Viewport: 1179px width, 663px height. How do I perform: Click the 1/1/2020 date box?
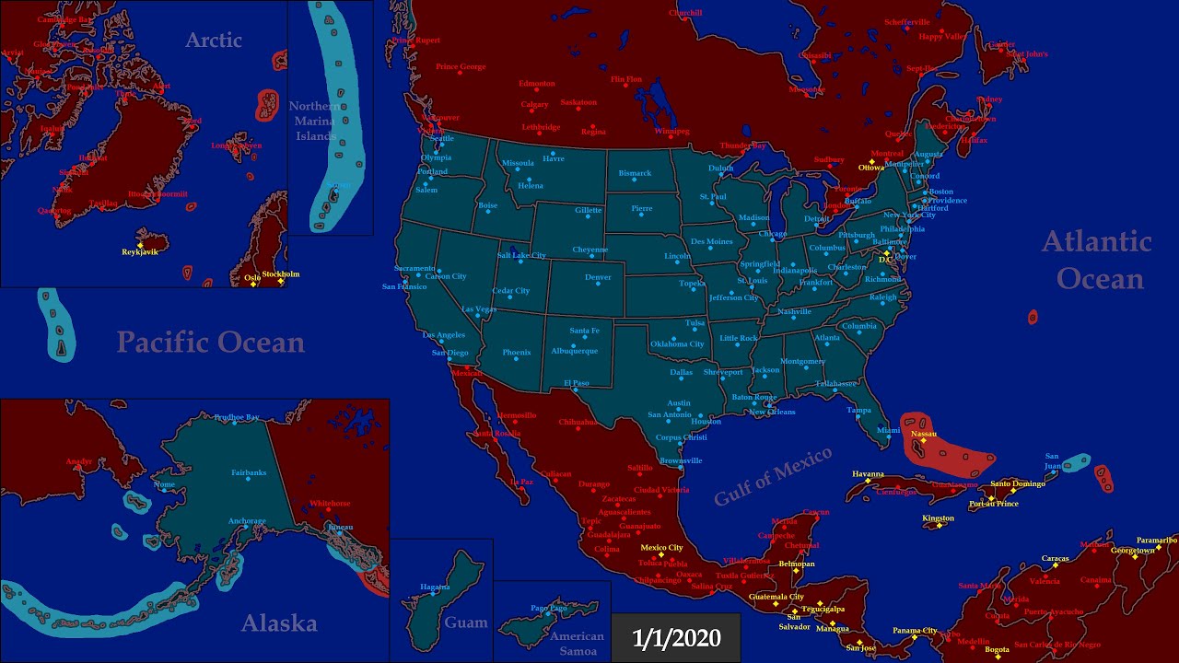tap(676, 638)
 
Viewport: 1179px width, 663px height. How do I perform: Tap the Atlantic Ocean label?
tap(1097, 260)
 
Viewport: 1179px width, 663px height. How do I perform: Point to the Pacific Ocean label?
tap(210, 343)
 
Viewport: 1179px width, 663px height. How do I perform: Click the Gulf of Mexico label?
tap(773, 475)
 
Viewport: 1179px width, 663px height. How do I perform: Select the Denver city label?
tap(598, 277)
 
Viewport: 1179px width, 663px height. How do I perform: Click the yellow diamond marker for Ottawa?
tap(871, 162)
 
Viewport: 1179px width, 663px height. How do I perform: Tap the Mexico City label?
tap(661, 548)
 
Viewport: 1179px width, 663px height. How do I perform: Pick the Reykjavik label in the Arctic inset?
tap(140, 251)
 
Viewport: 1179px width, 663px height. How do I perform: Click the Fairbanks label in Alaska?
tap(249, 472)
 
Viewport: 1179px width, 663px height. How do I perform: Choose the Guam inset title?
tap(466, 622)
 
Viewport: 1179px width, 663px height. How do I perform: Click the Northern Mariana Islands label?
tap(314, 121)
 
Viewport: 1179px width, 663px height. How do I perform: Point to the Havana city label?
tap(868, 473)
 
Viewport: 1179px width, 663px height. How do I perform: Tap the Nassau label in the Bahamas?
tap(923, 433)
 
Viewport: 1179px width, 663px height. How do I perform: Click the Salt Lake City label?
tap(521, 255)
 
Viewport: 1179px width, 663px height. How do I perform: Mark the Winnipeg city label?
tap(671, 131)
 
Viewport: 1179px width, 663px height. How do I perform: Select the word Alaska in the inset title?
tap(279, 623)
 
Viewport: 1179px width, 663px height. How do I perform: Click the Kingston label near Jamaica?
tap(938, 518)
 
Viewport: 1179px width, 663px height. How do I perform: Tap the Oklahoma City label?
tap(677, 343)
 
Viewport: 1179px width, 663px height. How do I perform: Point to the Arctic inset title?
tap(214, 40)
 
